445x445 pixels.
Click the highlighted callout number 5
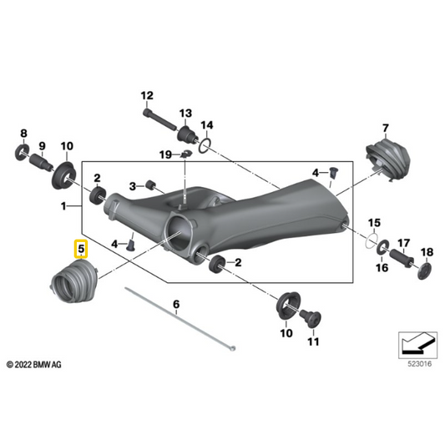pyautogui.click(x=81, y=249)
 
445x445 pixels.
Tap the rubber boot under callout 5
pyautogui.click(x=74, y=281)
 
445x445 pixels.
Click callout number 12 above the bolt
pyautogui.click(x=147, y=95)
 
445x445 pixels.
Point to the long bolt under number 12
pyautogui.click(x=159, y=119)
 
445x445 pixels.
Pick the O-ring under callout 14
pyautogui.click(x=205, y=146)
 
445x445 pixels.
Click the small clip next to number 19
pyautogui.click(x=186, y=154)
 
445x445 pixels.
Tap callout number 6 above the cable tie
pyautogui.click(x=176, y=304)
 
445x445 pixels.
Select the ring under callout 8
pyautogui.click(x=22, y=153)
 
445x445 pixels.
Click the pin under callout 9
pyautogui.click(x=41, y=162)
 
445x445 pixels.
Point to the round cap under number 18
pyautogui.click(x=425, y=271)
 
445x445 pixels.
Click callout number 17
pyautogui.click(x=403, y=243)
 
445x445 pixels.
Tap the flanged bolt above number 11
pyautogui.click(x=311, y=318)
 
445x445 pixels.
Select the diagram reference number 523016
pyautogui.click(x=419, y=364)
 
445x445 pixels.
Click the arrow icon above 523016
pyautogui.click(x=417, y=345)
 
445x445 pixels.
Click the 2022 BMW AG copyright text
pyautogui.click(x=33, y=364)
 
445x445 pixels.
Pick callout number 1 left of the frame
pyautogui.click(x=63, y=205)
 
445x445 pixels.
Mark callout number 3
pyautogui.click(x=133, y=186)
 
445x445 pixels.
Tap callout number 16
pyautogui.click(x=382, y=267)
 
